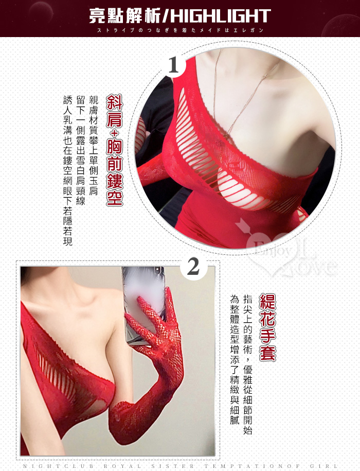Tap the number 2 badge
point(193,267)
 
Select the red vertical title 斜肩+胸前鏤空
point(114,150)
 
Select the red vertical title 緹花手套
point(267,327)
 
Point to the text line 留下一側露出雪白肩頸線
point(80,150)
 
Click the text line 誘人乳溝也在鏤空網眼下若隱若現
point(68,170)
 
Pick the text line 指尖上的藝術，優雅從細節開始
point(247,364)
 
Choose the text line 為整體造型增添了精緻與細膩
point(235,359)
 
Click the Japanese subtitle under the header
point(180,30)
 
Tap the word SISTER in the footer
point(172,466)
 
